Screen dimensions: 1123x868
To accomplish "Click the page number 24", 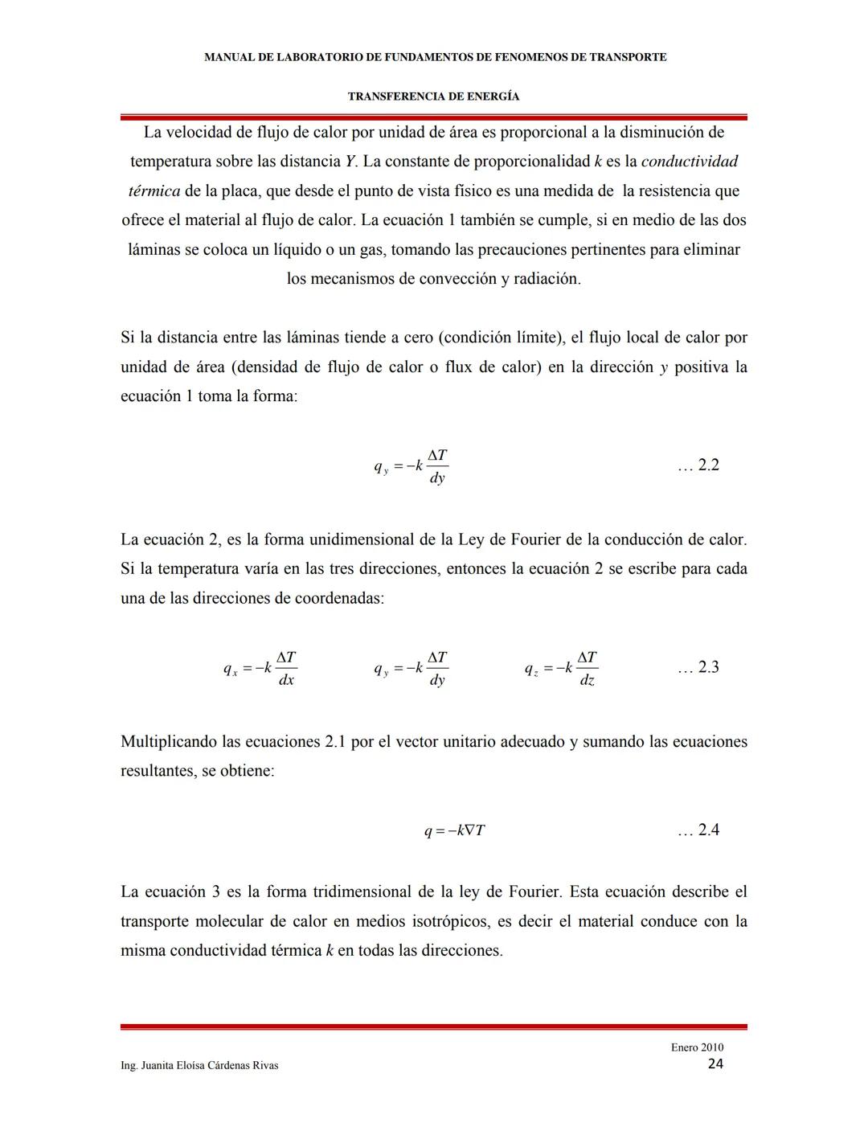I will point(715,1064).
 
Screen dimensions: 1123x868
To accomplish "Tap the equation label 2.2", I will point(698,465).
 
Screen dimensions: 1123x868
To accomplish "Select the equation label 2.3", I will point(698,667).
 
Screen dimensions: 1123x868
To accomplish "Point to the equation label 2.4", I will point(698,830).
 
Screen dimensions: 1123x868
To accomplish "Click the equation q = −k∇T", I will point(454,830).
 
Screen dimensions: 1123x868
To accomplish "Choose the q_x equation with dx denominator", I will point(260,668).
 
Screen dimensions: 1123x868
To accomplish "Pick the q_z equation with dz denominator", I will point(561,668).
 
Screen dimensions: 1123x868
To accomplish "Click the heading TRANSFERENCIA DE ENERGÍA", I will point(433,96).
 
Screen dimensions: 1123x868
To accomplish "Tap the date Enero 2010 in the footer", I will point(697,1047).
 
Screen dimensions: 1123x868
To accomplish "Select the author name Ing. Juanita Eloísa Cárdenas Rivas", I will point(199,1065).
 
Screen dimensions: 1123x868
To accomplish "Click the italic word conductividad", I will point(690,161).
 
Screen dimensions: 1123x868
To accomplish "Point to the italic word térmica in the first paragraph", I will point(154,191).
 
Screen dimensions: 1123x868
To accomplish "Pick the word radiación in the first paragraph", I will point(546,279).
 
